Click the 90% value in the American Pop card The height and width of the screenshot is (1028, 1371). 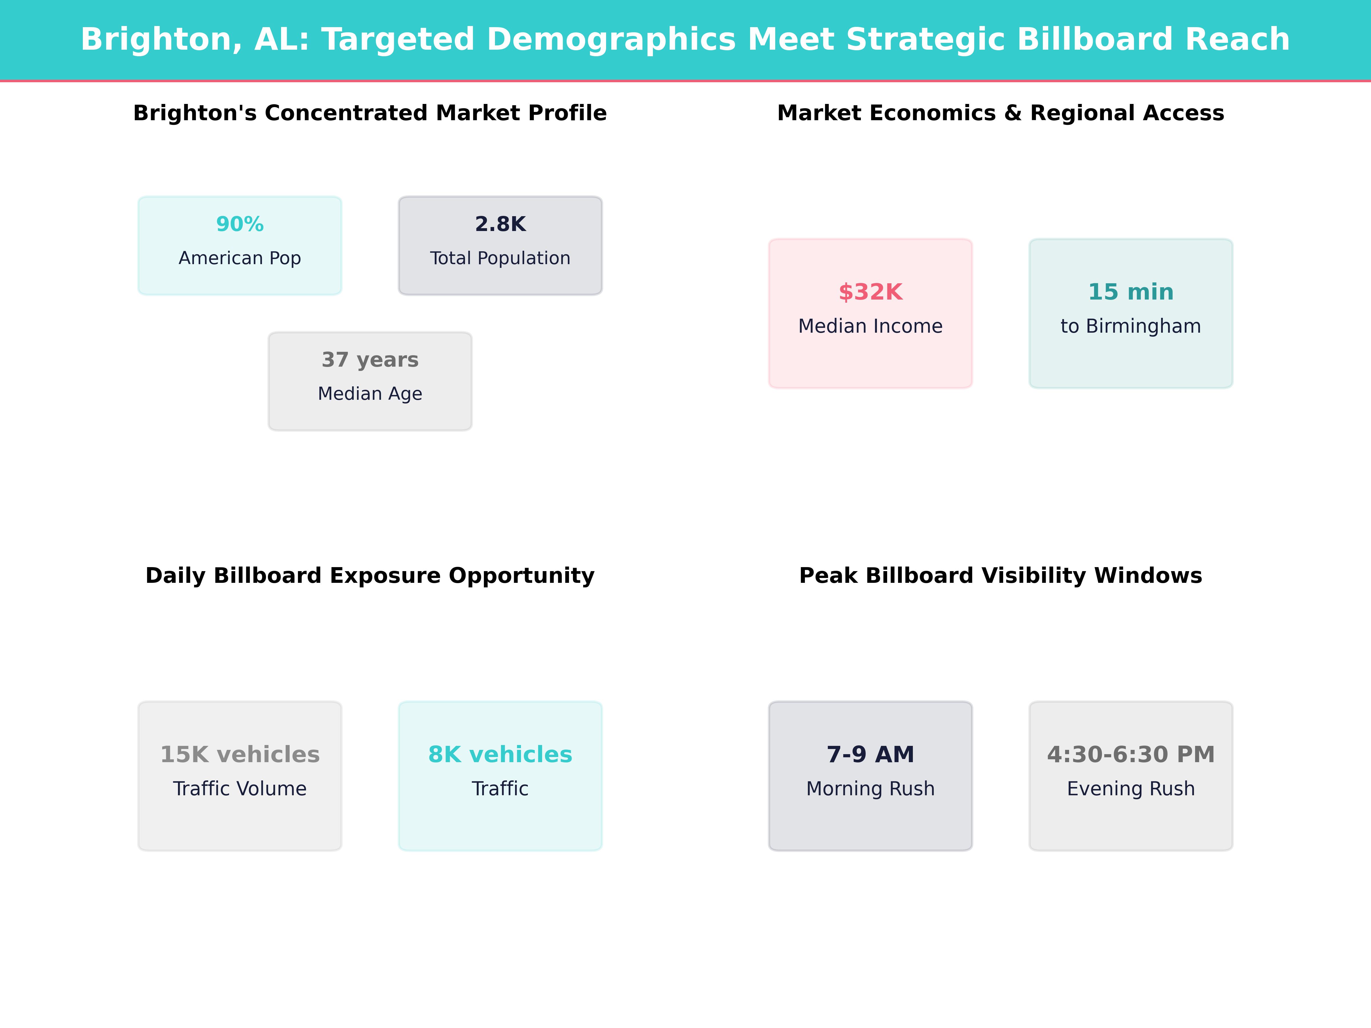point(240,224)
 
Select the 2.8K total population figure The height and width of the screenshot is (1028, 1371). point(500,224)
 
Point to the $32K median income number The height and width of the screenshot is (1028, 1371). point(870,292)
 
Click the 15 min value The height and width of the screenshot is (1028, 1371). point(1131,292)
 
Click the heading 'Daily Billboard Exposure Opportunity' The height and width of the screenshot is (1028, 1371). point(370,576)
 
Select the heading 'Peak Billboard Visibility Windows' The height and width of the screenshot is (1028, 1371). point(1000,576)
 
